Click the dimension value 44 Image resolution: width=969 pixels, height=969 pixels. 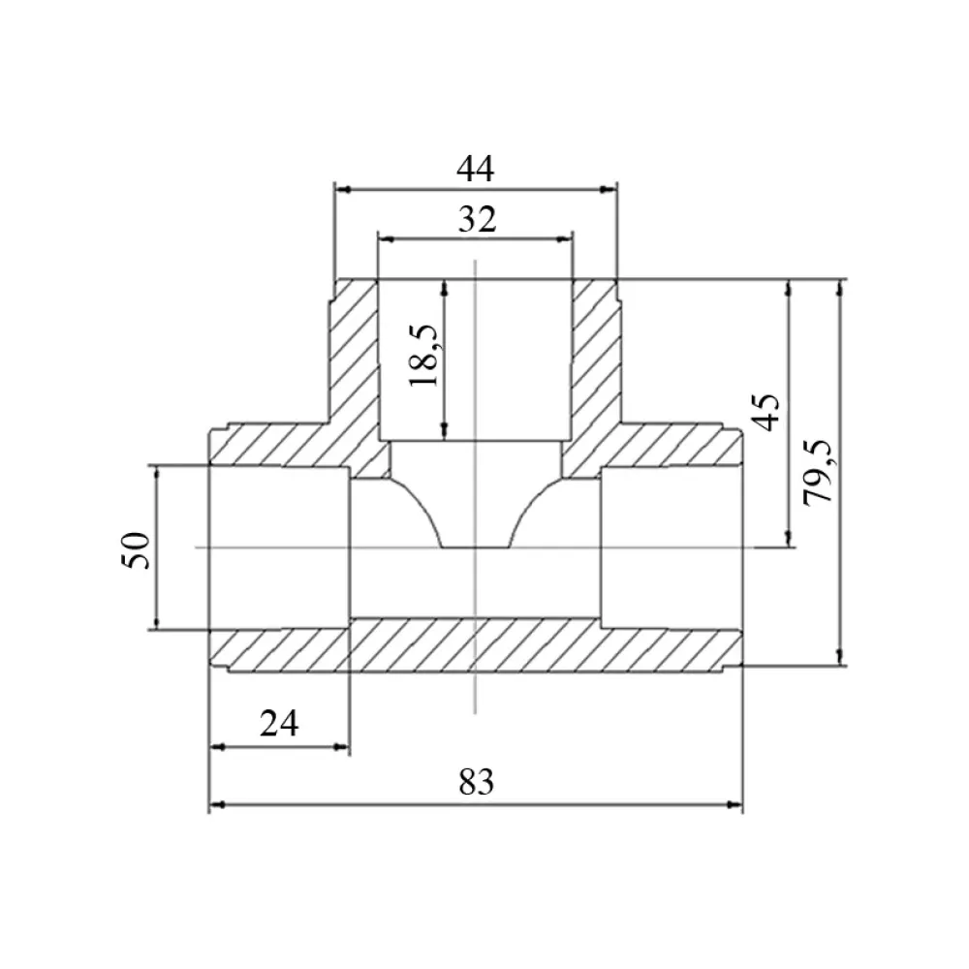pyautogui.click(x=475, y=169)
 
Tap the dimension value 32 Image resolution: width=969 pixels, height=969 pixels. pyautogui.click(x=477, y=219)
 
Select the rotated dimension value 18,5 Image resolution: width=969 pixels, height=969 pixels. pyautogui.click(x=424, y=356)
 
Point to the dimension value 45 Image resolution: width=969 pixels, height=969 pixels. pyautogui.click(x=766, y=412)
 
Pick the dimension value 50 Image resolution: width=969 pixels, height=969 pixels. pyautogui.click(x=137, y=550)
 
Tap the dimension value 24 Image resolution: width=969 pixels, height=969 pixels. pyautogui.click(x=279, y=723)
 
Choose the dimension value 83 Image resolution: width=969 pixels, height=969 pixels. pyautogui.click(x=477, y=782)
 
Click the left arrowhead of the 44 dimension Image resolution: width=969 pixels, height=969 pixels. pyautogui.click(x=342, y=189)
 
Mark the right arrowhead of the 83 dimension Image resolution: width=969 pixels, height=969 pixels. pyautogui.click(x=735, y=804)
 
